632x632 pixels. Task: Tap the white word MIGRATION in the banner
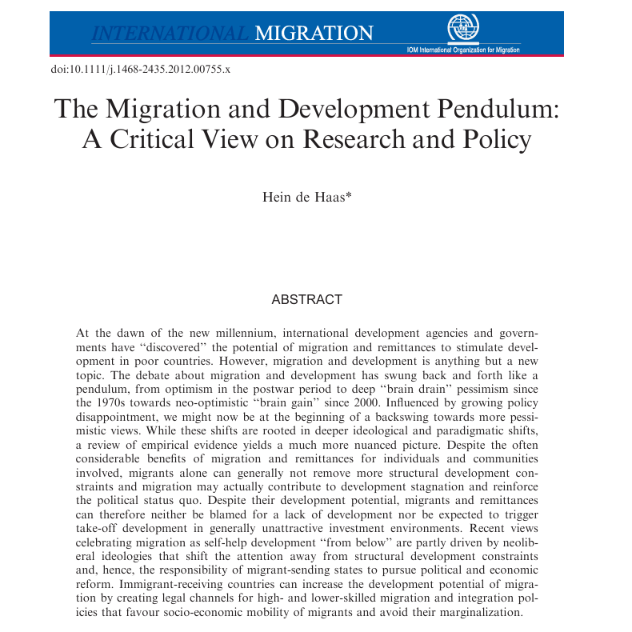(x=314, y=34)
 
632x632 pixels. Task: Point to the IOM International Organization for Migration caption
(x=463, y=50)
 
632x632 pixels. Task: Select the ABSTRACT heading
(x=307, y=300)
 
